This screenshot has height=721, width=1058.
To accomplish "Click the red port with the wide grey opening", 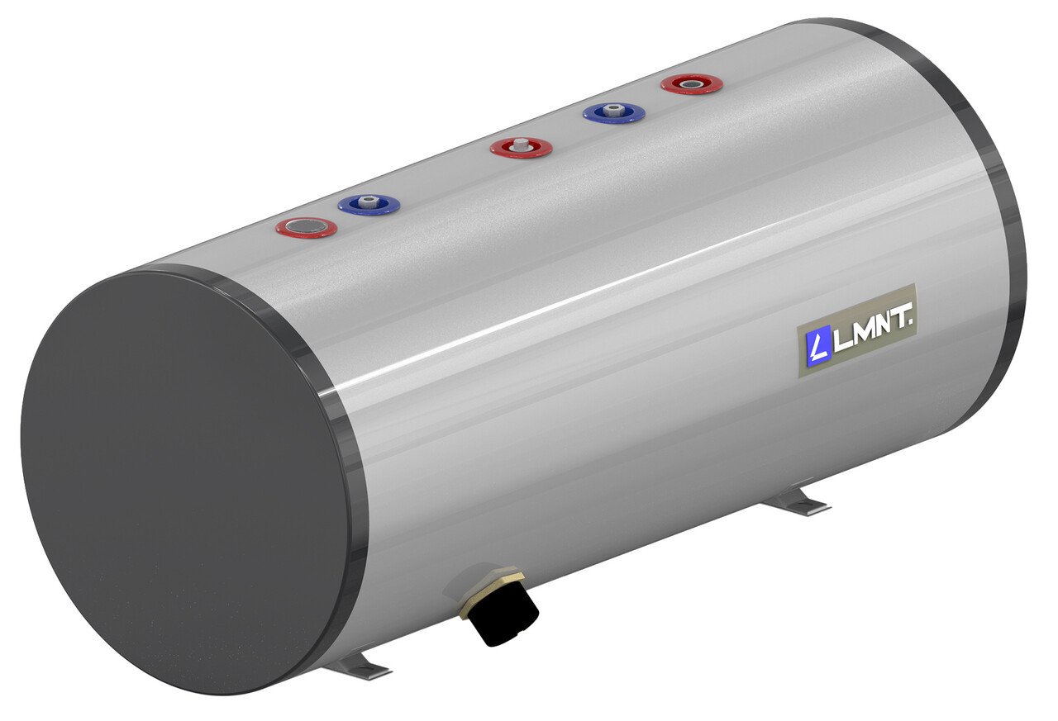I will pos(306,226).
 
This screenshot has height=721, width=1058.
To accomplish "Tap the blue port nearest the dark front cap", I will pos(369,204).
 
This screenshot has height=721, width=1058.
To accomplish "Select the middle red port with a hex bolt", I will pos(521,148).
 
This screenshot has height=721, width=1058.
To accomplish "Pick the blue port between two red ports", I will pos(613,112).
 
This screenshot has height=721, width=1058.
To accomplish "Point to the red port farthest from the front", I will pos(692,83).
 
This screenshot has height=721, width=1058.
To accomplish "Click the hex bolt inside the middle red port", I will pos(521,145).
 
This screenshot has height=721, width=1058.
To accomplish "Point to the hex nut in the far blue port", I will pos(613,110).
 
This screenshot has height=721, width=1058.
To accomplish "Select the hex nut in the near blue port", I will pos(369,202).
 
